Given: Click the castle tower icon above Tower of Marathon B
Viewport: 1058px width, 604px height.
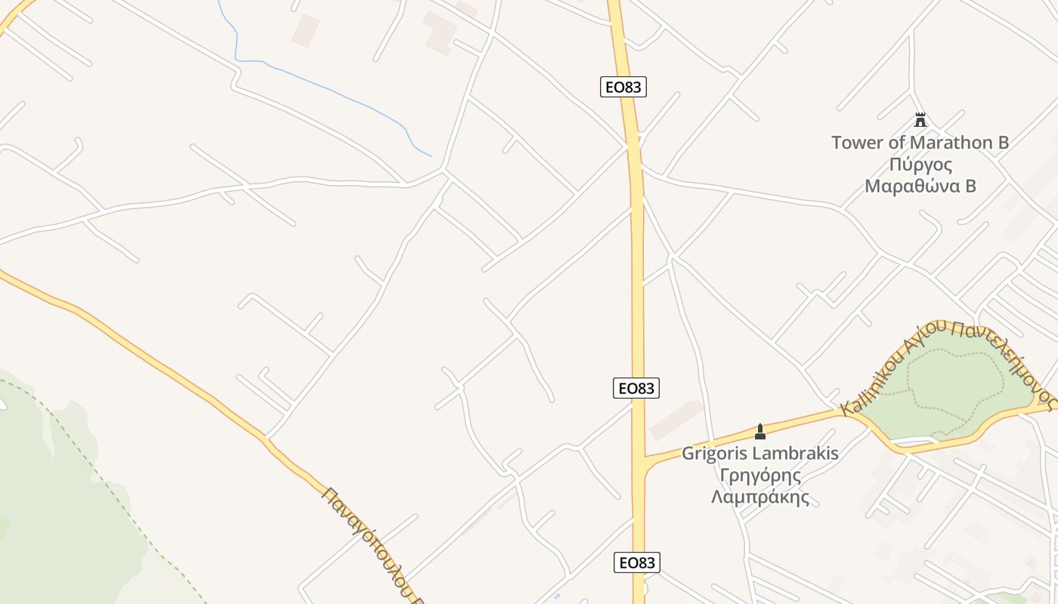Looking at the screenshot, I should click(x=920, y=120).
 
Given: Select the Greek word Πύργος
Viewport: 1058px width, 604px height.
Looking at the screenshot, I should click(x=920, y=165).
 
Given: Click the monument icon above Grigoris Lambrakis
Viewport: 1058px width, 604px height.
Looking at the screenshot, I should click(x=760, y=432).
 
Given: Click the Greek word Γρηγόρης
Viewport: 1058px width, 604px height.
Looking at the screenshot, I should click(x=759, y=476).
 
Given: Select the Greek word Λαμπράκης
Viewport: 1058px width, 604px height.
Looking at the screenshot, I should click(x=760, y=498).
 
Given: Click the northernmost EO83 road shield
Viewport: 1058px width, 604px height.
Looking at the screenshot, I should click(x=623, y=87).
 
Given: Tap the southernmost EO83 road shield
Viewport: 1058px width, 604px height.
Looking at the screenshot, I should click(x=636, y=562).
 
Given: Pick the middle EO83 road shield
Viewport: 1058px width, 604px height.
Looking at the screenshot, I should click(x=636, y=388).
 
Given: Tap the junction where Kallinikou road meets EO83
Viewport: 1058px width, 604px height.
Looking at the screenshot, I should click(x=641, y=461).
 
